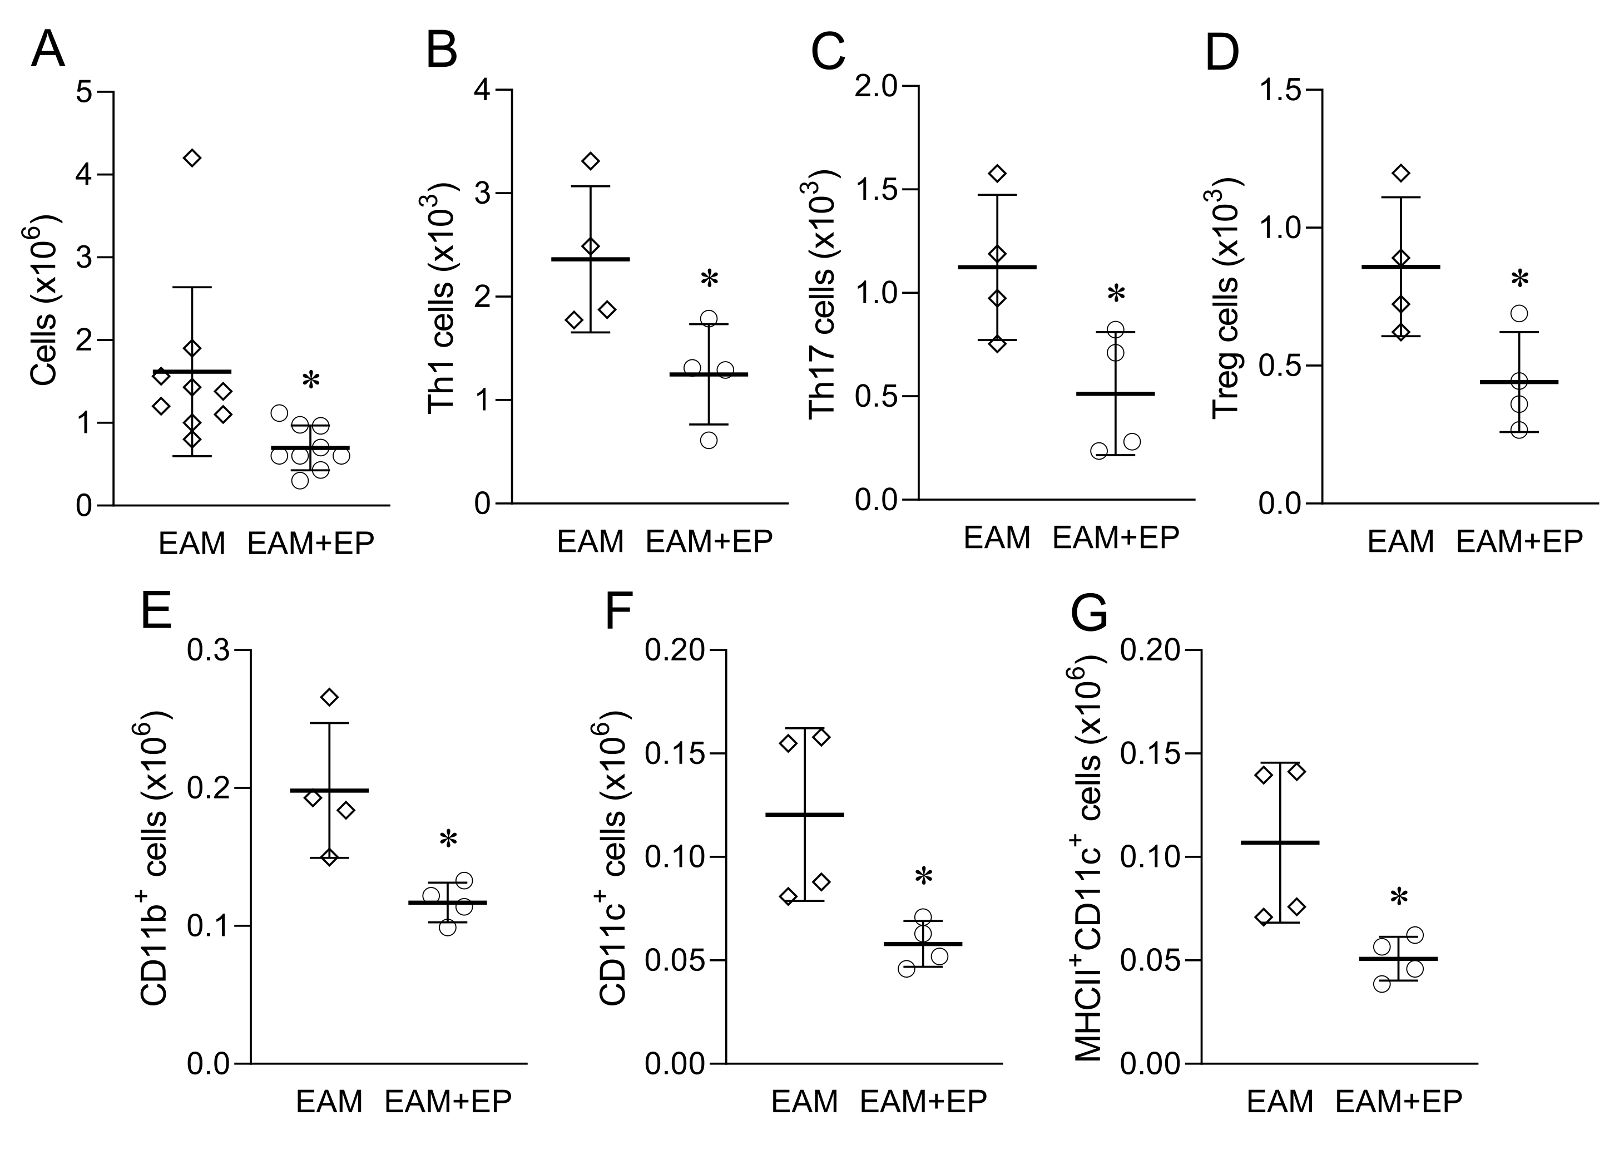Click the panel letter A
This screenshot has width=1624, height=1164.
(47, 50)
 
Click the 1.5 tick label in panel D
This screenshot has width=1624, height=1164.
(1281, 90)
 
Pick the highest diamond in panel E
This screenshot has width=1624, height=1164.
(329, 697)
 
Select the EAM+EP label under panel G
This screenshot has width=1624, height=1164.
(1398, 1101)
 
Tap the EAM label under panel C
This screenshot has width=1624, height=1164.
(997, 538)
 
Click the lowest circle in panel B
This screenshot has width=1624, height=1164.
(709, 440)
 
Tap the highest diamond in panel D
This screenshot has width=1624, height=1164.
(1402, 174)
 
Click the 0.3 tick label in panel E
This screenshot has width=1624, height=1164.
(209, 650)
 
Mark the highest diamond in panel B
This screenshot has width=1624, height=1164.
(591, 161)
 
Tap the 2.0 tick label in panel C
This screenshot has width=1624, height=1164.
(877, 87)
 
